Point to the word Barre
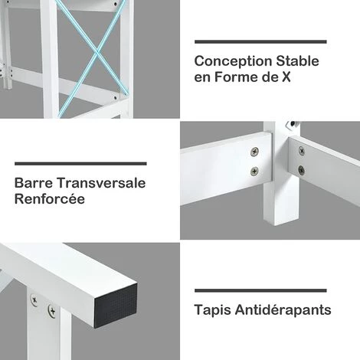click(34, 184)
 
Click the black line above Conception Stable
click(260, 42)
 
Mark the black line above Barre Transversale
click(80, 163)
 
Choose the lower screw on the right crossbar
click(301, 169)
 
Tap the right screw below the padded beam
click(51, 310)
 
